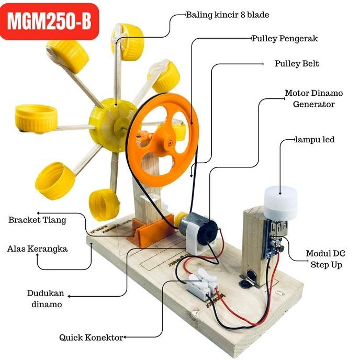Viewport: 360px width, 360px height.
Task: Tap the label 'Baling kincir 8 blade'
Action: pyautogui.click(x=228, y=15)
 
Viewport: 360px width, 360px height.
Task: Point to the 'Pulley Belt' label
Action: pyautogui.click(x=297, y=64)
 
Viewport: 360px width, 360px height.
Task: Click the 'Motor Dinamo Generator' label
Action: pyautogui.click(x=313, y=98)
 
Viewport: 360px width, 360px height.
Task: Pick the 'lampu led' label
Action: pyautogui.click(x=314, y=140)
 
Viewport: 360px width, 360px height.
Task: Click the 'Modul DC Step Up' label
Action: pyautogui.click(x=325, y=259)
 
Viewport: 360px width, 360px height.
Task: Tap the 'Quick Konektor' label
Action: pyautogui.click(x=91, y=337)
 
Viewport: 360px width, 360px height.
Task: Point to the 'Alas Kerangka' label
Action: pyautogui.click(x=37, y=249)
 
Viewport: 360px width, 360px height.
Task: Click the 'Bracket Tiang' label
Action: pyautogui.click(x=37, y=220)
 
